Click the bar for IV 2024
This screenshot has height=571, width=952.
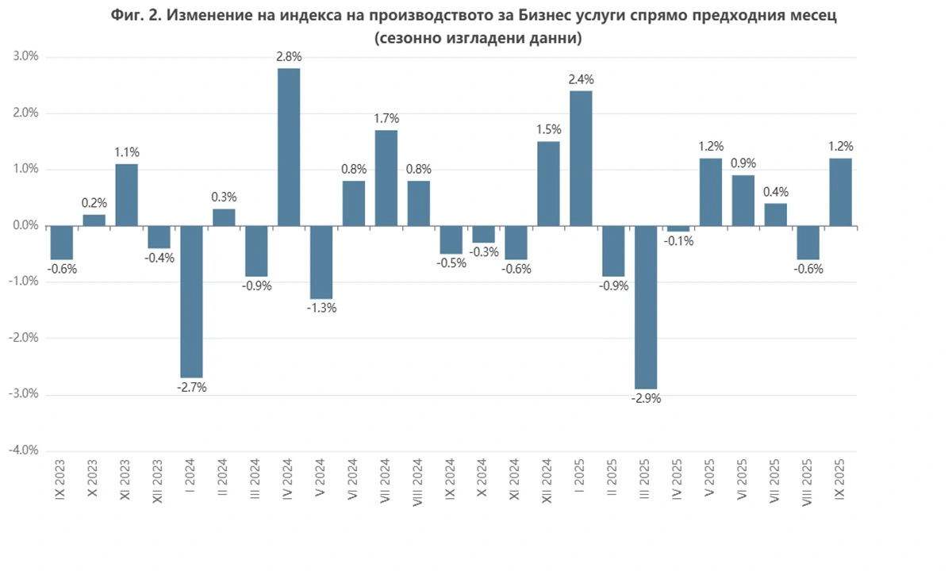(x=289, y=147)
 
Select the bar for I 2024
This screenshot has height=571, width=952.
(x=192, y=301)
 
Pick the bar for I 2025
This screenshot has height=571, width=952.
(x=581, y=159)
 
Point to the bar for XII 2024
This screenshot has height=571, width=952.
(x=548, y=184)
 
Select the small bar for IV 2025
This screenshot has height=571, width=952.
(x=678, y=228)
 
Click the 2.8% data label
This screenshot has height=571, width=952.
(x=289, y=57)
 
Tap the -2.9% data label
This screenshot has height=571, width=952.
(x=645, y=399)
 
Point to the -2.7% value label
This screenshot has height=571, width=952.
(x=192, y=388)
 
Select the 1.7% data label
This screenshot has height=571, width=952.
(x=386, y=119)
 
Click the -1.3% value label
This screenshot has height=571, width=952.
(x=321, y=308)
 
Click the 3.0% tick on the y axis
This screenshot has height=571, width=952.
(x=25, y=57)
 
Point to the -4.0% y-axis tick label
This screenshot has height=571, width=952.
(x=24, y=450)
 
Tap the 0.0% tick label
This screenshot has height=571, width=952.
(x=25, y=226)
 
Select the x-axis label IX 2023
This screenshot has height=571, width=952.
(x=62, y=479)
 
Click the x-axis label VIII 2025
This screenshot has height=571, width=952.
(x=807, y=481)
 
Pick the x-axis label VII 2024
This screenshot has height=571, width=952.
(x=386, y=481)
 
